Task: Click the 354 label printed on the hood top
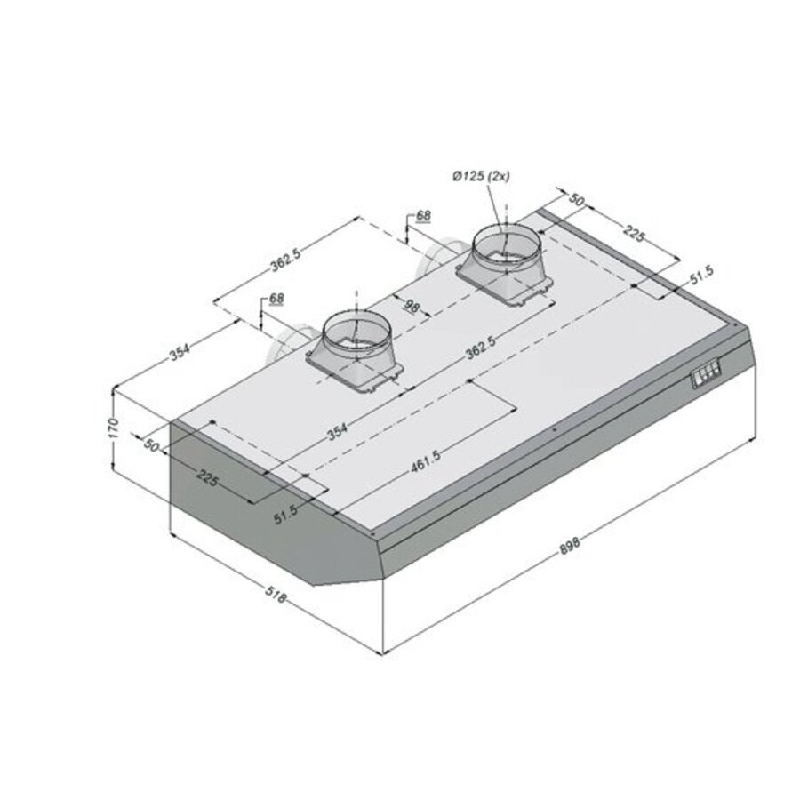[x=337, y=433]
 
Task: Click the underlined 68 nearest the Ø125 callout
[x=423, y=216]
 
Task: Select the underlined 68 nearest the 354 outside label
[x=276, y=299]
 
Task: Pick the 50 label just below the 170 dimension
[x=150, y=444]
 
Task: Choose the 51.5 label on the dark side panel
[x=285, y=515]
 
